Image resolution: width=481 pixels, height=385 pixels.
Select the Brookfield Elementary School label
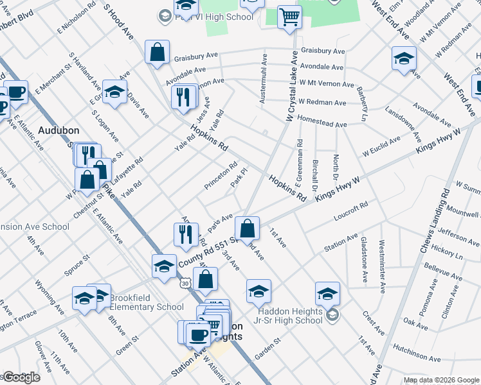147,302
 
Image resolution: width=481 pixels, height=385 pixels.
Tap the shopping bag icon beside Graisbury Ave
157,53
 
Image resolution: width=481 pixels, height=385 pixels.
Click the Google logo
21,377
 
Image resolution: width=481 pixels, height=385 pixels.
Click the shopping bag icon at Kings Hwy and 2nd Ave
246,228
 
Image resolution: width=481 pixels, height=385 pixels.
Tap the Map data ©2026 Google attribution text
440,380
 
